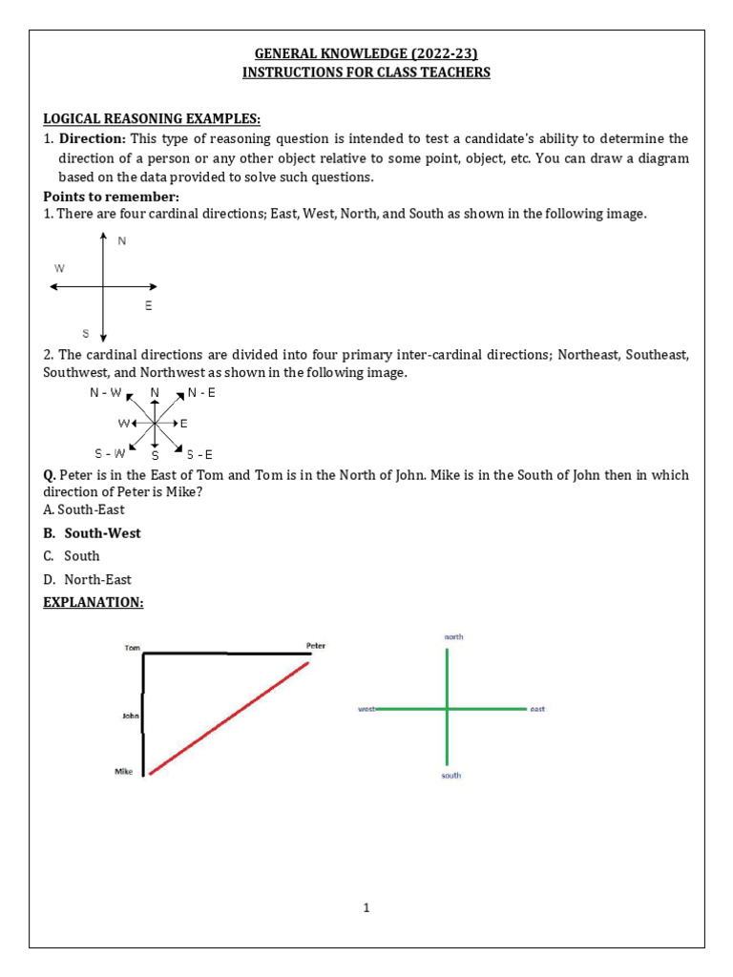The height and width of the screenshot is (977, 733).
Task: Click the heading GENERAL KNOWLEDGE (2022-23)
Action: point(366,53)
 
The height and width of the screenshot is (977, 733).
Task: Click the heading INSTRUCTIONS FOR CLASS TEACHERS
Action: point(366,73)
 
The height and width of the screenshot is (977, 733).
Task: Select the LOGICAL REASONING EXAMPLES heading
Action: point(152,118)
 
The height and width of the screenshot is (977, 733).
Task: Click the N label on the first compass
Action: point(121,241)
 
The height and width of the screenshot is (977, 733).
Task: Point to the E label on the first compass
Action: point(148,306)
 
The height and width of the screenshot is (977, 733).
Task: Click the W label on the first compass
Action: point(59,269)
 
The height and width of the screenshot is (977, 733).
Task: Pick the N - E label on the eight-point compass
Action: point(201,392)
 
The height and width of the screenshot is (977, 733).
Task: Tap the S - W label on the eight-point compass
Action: point(109,452)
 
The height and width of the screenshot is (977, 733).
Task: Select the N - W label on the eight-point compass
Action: point(105,392)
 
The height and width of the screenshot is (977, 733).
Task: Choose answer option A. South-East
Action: point(84,509)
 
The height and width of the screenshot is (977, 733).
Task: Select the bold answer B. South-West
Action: point(92,533)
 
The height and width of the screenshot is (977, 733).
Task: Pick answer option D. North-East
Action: point(88,579)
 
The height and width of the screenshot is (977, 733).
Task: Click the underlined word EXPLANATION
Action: point(93,603)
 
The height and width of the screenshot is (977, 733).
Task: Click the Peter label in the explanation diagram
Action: point(315,646)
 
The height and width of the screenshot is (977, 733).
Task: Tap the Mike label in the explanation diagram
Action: point(123,771)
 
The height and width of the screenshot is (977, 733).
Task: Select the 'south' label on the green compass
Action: point(450,776)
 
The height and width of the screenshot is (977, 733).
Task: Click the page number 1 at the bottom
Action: point(366,907)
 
